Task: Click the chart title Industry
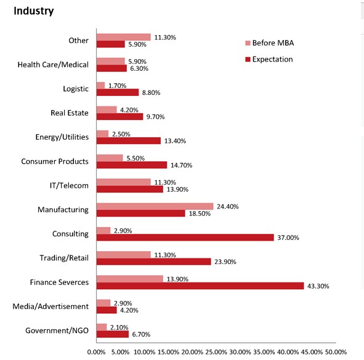(34, 11)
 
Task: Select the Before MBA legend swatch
(248, 43)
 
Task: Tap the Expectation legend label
(272, 59)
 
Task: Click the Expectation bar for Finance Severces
(200, 286)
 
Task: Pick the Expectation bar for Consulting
(185, 238)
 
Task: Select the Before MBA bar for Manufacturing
(155, 206)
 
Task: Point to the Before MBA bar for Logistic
(100, 86)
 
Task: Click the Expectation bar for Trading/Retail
(154, 262)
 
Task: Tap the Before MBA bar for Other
(124, 37)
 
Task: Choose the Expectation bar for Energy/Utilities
(129, 141)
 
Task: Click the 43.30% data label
(318, 286)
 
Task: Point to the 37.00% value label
(288, 238)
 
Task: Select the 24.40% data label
(227, 206)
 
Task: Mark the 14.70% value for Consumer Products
(181, 165)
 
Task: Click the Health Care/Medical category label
(53, 65)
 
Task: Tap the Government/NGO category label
(57, 330)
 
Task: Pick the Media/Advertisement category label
(51, 306)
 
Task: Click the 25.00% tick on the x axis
(216, 352)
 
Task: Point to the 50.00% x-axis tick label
(336, 352)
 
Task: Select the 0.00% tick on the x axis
(96, 352)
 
